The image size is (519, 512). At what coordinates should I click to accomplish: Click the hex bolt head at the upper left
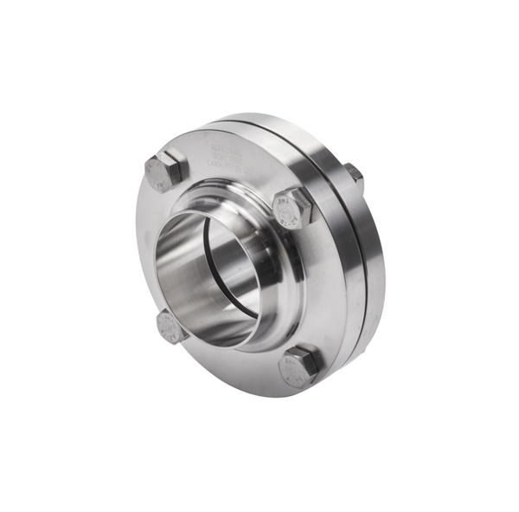[x=164, y=171]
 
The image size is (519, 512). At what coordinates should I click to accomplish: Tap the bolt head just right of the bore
[x=292, y=208]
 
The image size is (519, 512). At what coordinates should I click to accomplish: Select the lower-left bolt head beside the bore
[x=171, y=327]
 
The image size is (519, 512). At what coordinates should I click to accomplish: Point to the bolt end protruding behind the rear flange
[x=353, y=174]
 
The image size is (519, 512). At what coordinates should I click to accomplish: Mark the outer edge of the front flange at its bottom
[x=259, y=392]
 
